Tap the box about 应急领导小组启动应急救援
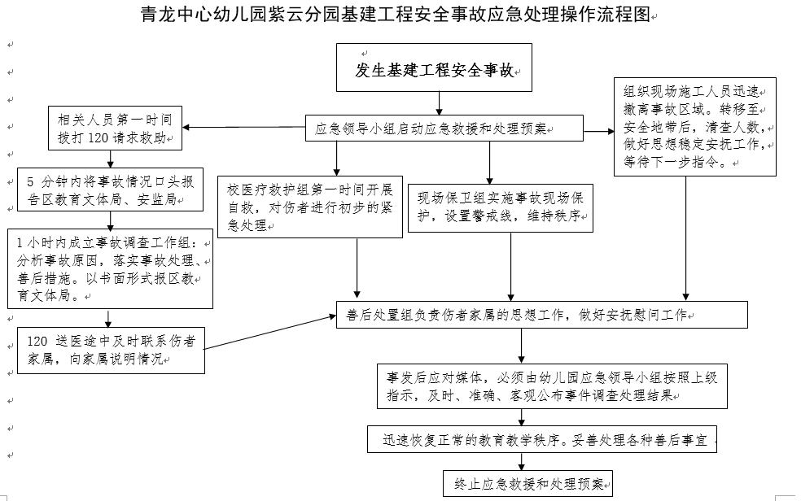(444, 129)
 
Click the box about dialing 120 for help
(114, 129)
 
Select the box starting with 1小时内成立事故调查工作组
(111, 268)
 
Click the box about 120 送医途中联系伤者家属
(111, 349)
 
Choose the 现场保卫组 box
(501, 207)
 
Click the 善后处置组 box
(541, 315)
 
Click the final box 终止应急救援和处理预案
(529, 484)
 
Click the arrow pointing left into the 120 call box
(244, 128)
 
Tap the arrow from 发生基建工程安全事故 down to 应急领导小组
(440, 102)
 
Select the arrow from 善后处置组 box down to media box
(521, 345)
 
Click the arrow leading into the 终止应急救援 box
(521, 462)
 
